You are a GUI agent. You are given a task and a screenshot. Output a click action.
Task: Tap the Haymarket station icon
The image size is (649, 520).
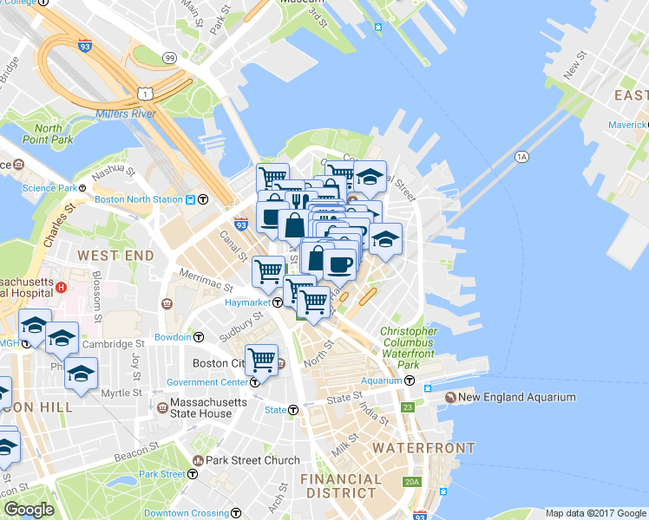(x=278, y=302)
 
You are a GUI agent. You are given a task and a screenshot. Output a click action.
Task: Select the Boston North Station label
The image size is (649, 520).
(x=139, y=199)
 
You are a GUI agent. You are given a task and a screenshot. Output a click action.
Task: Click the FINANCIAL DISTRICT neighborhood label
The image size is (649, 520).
(x=340, y=485)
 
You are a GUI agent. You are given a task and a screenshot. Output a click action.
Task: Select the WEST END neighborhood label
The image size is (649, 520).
(x=115, y=256)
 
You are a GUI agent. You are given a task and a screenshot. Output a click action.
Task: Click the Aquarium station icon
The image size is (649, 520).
(x=409, y=380)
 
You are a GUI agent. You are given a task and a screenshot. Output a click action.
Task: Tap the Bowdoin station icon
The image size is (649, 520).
(x=199, y=336)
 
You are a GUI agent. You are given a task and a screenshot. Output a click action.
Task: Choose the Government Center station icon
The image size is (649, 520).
(x=255, y=382)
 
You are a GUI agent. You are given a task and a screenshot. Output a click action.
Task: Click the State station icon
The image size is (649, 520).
(x=293, y=410)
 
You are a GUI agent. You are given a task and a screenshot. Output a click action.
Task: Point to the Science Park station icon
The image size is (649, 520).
(x=83, y=187)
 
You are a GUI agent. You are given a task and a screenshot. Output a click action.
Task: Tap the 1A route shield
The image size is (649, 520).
(x=521, y=157)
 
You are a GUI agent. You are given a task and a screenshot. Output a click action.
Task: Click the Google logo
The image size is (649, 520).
(x=29, y=510)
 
